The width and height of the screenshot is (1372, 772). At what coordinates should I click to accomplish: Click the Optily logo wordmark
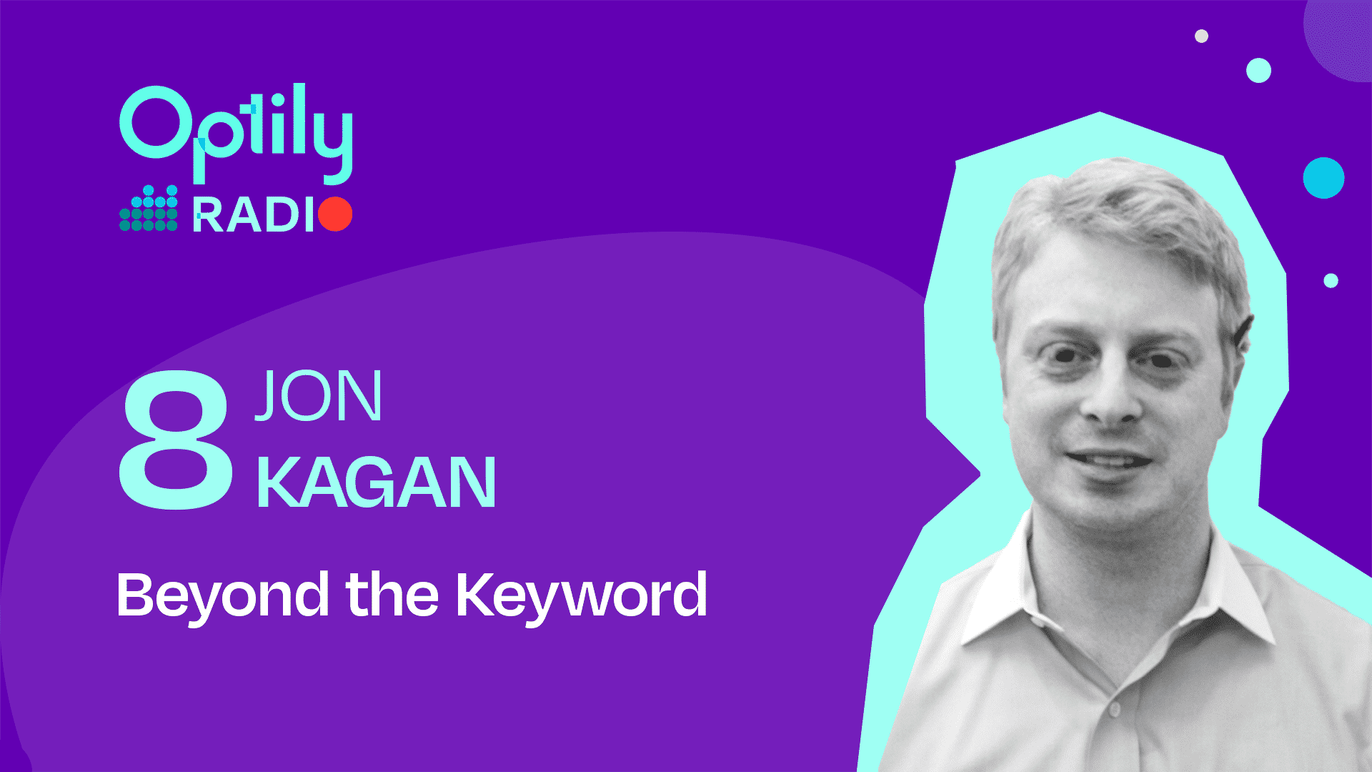[236, 132]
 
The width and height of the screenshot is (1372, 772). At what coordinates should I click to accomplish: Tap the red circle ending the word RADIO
[335, 214]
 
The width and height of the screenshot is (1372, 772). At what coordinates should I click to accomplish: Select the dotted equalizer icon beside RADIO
[149, 208]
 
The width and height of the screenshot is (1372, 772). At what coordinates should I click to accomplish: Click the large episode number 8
[176, 439]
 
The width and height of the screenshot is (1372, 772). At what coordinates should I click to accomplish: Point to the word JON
[319, 395]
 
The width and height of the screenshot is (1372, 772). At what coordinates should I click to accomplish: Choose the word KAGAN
[376, 482]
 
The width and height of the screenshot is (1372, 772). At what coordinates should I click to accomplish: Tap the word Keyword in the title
[582, 595]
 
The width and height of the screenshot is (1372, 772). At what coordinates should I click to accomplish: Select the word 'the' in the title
[392, 593]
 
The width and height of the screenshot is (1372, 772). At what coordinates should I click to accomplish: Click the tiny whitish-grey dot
[1202, 36]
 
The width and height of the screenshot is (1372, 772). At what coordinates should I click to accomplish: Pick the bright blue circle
[1323, 178]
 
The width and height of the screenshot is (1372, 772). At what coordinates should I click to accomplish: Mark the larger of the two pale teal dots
[1258, 71]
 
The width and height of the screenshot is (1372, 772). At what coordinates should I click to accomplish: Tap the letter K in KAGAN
[277, 482]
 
